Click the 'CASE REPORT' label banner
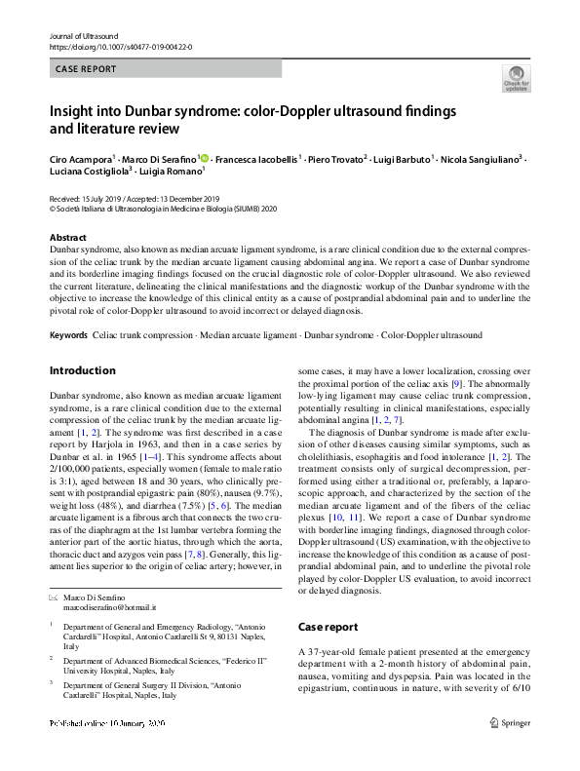coord(86,69)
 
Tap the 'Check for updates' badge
coord(515,78)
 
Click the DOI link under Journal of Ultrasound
coord(120,47)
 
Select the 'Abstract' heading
coord(68,238)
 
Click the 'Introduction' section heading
coord(82,370)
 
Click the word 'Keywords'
coord(67,335)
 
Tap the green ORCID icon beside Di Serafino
coord(203,157)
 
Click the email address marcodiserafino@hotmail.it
coord(109,606)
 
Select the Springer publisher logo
coord(511,750)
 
